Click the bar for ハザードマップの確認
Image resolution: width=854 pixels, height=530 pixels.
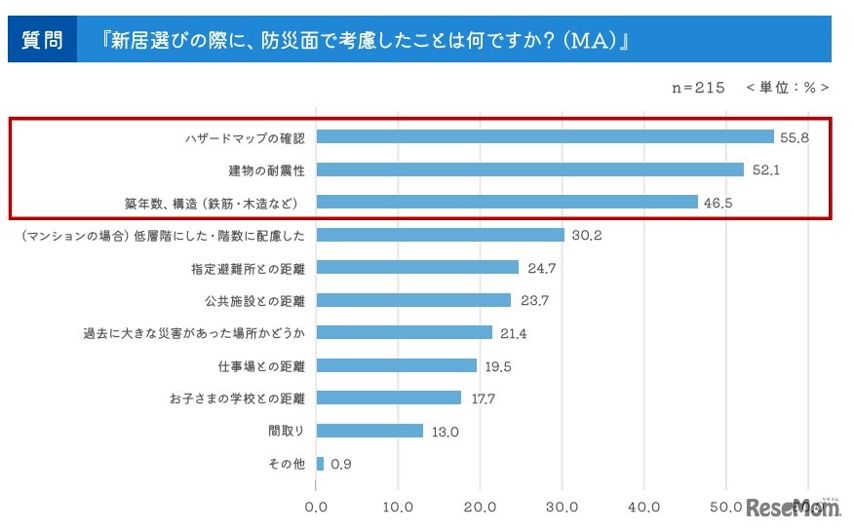[x=544, y=137]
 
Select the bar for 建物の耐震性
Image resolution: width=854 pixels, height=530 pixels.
[x=529, y=170]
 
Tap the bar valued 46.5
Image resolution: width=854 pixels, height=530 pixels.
[x=507, y=203]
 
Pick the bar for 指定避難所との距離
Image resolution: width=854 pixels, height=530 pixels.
[x=417, y=267]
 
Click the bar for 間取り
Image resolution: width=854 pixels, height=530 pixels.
[x=369, y=431]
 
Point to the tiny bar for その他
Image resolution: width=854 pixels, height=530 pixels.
[x=320, y=464]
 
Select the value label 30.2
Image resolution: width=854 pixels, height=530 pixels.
[x=587, y=235]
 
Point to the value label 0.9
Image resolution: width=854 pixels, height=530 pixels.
[x=341, y=464]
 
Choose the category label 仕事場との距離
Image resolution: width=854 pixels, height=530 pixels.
[x=261, y=365]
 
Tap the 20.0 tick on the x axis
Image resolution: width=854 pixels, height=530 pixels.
[x=481, y=508]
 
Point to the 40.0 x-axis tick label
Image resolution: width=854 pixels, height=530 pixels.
[x=644, y=508]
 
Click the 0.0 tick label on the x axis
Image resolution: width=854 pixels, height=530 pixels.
[x=316, y=508]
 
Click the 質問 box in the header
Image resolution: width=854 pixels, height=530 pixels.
[x=42, y=40]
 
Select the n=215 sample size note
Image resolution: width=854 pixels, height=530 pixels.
[x=698, y=87]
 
